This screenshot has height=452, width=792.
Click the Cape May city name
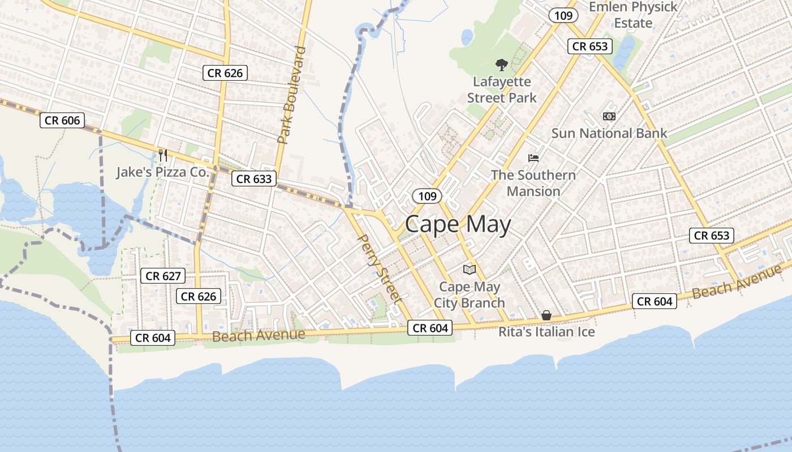[x=458, y=225]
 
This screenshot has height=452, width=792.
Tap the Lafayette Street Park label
[x=502, y=90]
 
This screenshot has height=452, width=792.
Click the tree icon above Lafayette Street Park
[x=501, y=65]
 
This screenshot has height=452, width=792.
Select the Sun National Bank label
[x=609, y=133]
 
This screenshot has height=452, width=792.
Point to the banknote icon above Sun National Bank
[x=609, y=116]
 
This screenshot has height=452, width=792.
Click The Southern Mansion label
[x=533, y=182]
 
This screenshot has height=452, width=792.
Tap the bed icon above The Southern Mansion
[x=533, y=158]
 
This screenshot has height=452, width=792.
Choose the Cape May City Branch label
[x=469, y=294]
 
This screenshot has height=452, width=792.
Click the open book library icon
[x=470, y=270]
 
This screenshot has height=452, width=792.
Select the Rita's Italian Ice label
[x=546, y=332]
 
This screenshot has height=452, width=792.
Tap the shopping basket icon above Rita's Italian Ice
[x=546, y=315]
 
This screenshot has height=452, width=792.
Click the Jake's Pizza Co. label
[x=163, y=172]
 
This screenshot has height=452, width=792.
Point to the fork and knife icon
[x=163, y=155]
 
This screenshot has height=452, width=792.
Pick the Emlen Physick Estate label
[x=633, y=15]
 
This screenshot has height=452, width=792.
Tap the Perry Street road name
[x=380, y=268]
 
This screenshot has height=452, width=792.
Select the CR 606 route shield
[x=62, y=120]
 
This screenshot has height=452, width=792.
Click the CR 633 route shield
[x=254, y=179]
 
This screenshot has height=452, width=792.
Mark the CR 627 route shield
[x=163, y=276]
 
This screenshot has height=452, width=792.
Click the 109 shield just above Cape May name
[x=428, y=196]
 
